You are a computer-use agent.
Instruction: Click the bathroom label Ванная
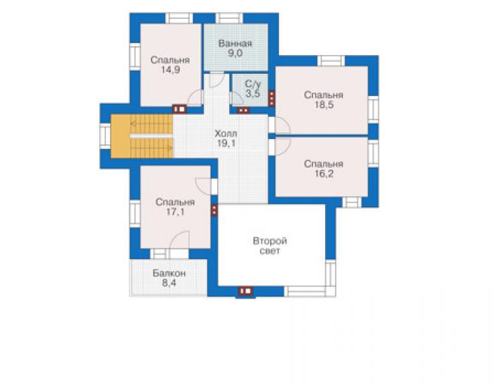click(x=235, y=44)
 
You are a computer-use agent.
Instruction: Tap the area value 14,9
click(x=170, y=70)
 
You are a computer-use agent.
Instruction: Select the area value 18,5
click(x=324, y=105)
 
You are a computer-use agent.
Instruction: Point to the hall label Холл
click(x=226, y=134)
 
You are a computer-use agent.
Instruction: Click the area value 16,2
click(x=324, y=174)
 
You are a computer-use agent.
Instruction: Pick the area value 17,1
click(x=176, y=211)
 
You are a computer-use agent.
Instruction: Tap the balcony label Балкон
click(x=169, y=273)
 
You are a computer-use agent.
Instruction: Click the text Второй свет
click(x=270, y=246)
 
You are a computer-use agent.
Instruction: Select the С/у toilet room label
click(x=253, y=84)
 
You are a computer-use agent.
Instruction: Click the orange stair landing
click(x=120, y=136)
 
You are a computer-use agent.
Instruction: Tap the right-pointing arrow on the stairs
click(x=151, y=148)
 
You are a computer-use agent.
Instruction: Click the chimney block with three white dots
click(x=271, y=99)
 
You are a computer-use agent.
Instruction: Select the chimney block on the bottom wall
click(x=246, y=291)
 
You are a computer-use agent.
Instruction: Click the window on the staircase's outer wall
click(x=105, y=136)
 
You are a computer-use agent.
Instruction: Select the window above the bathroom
click(x=229, y=18)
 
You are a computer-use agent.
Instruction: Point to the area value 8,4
click(x=169, y=283)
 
